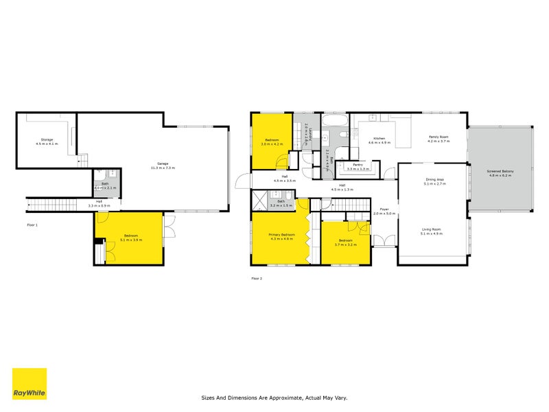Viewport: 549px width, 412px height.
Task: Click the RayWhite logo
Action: [x=30, y=384]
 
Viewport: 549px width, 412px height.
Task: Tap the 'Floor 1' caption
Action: [x=32, y=225]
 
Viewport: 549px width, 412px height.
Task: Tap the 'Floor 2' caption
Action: [x=257, y=278]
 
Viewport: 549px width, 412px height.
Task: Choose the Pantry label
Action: [x=358, y=165]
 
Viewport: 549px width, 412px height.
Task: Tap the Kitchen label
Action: [x=379, y=138]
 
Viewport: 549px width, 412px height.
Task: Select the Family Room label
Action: [x=439, y=137]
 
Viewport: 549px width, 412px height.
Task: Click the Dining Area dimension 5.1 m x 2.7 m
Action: [x=435, y=184]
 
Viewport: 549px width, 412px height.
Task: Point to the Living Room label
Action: [x=432, y=229]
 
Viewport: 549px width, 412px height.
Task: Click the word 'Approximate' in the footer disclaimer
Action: [x=290, y=397]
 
